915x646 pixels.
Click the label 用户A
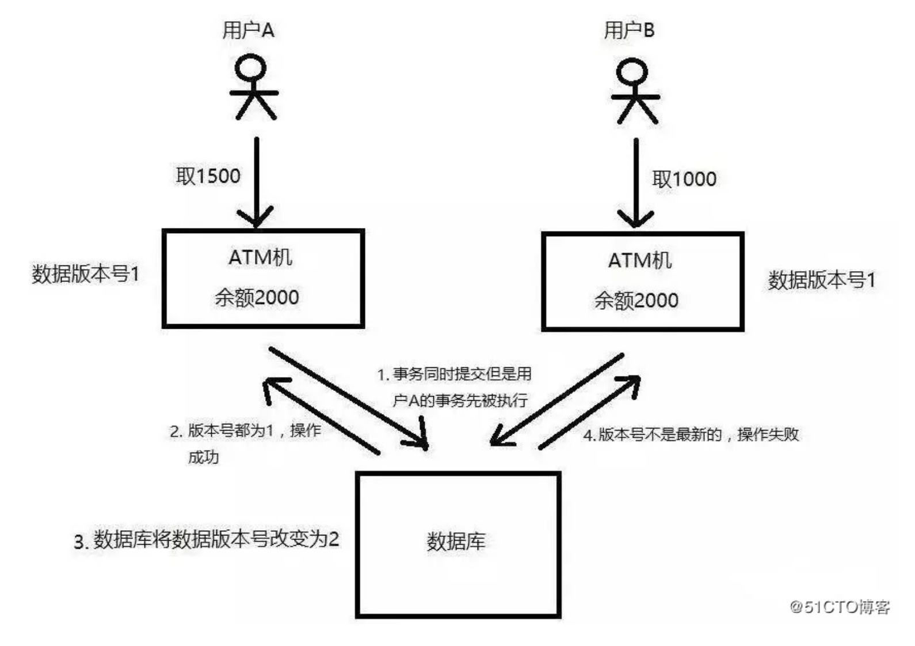point(248,30)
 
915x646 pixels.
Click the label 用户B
point(629,30)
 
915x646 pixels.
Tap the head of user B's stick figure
point(632,72)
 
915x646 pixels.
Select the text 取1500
point(208,176)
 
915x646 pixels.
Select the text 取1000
point(684,179)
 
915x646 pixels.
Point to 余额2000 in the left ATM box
point(257,298)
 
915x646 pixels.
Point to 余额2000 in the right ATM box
point(636,301)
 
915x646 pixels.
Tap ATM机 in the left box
point(260,257)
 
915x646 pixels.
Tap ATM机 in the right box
point(640,261)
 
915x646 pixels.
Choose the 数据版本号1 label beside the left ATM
point(86,274)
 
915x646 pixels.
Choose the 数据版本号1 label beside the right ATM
point(822,280)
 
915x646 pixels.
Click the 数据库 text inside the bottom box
point(456,541)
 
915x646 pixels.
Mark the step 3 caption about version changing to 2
point(207,540)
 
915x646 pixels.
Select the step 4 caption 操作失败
point(691,435)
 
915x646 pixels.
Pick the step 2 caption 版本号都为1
point(245,431)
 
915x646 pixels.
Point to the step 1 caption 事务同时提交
point(454,375)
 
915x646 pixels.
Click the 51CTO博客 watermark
point(840,607)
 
